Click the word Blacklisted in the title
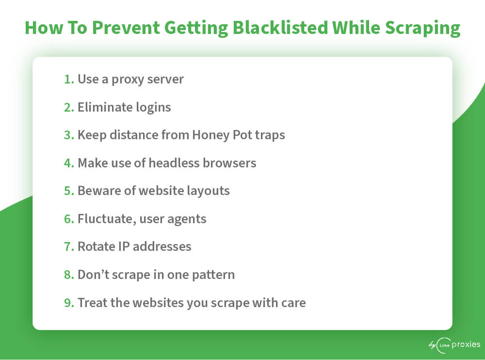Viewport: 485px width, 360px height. coord(280,28)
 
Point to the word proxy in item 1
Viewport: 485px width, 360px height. coord(128,81)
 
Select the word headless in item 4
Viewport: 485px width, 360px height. coord(174,163)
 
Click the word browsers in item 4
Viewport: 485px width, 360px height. coord(229,163)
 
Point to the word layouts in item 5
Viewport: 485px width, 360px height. coord(208,192)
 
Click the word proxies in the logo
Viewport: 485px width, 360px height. coord(466,345)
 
